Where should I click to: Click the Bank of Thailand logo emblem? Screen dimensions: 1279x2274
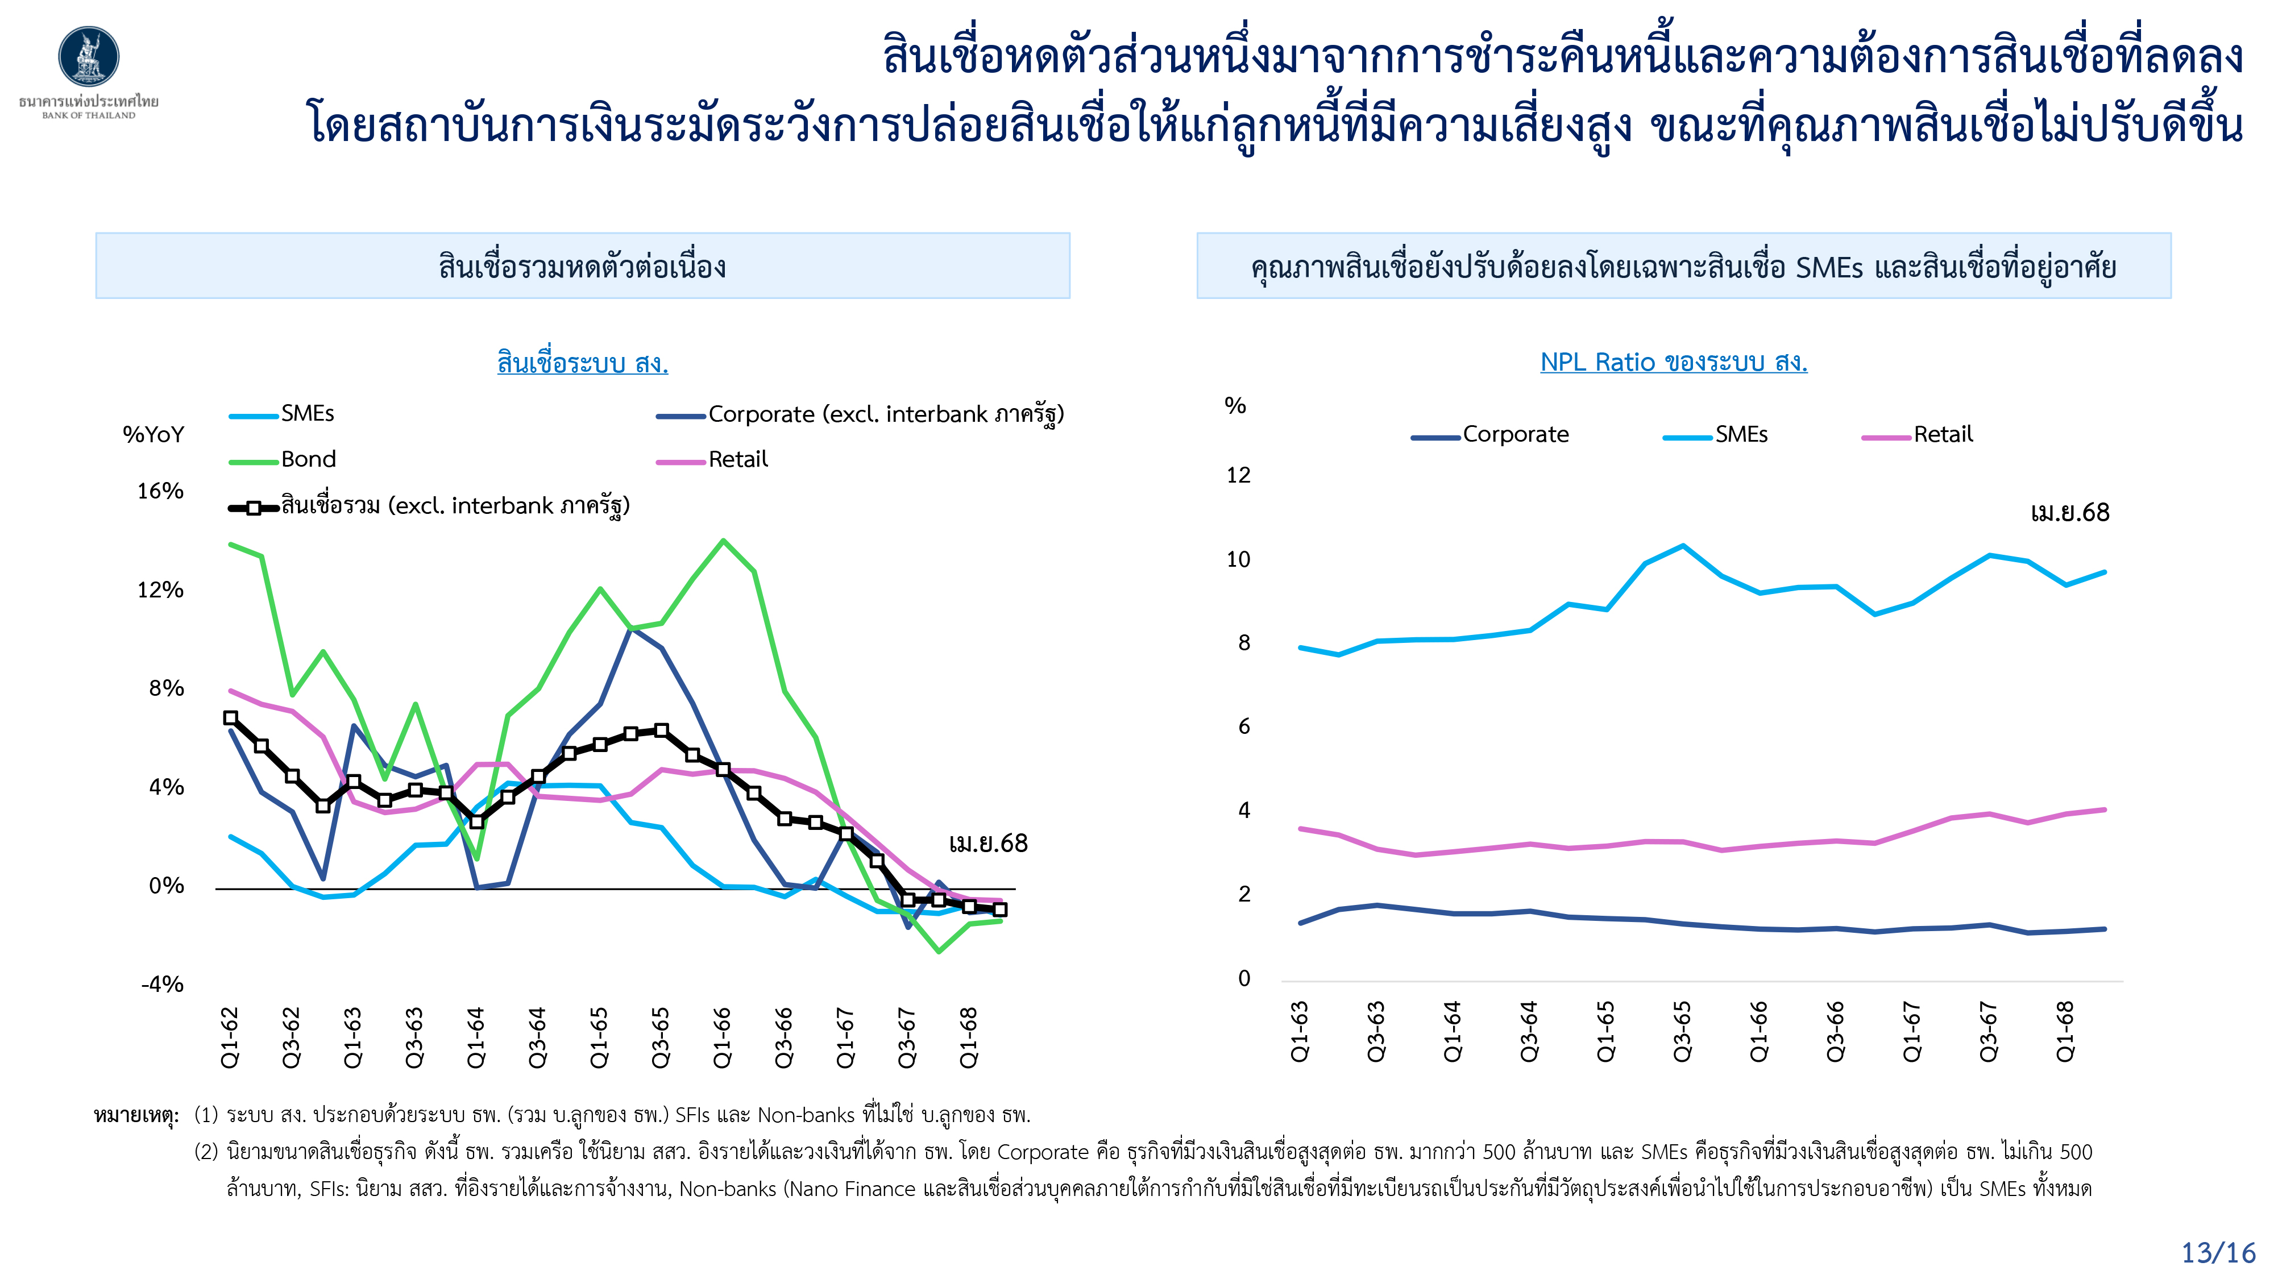tap(88, 56)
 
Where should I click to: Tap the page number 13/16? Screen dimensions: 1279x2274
tap(2218, 1252)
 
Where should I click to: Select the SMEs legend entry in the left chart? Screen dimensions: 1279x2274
tap(307, 414)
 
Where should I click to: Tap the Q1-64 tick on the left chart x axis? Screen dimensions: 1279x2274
tap(476, 1037)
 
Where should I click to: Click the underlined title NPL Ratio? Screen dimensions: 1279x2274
tap(1673, 363)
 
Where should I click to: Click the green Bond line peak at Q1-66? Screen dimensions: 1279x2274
tap(723, 540)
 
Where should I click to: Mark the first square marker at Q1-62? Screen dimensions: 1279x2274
tap(230, 717)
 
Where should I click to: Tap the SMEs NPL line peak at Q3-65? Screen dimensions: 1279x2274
tap(1683, 546)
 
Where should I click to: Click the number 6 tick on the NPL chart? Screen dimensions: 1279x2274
tap(1244, 726)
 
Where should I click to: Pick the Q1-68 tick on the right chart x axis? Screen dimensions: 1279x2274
tap(2065, 1031)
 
